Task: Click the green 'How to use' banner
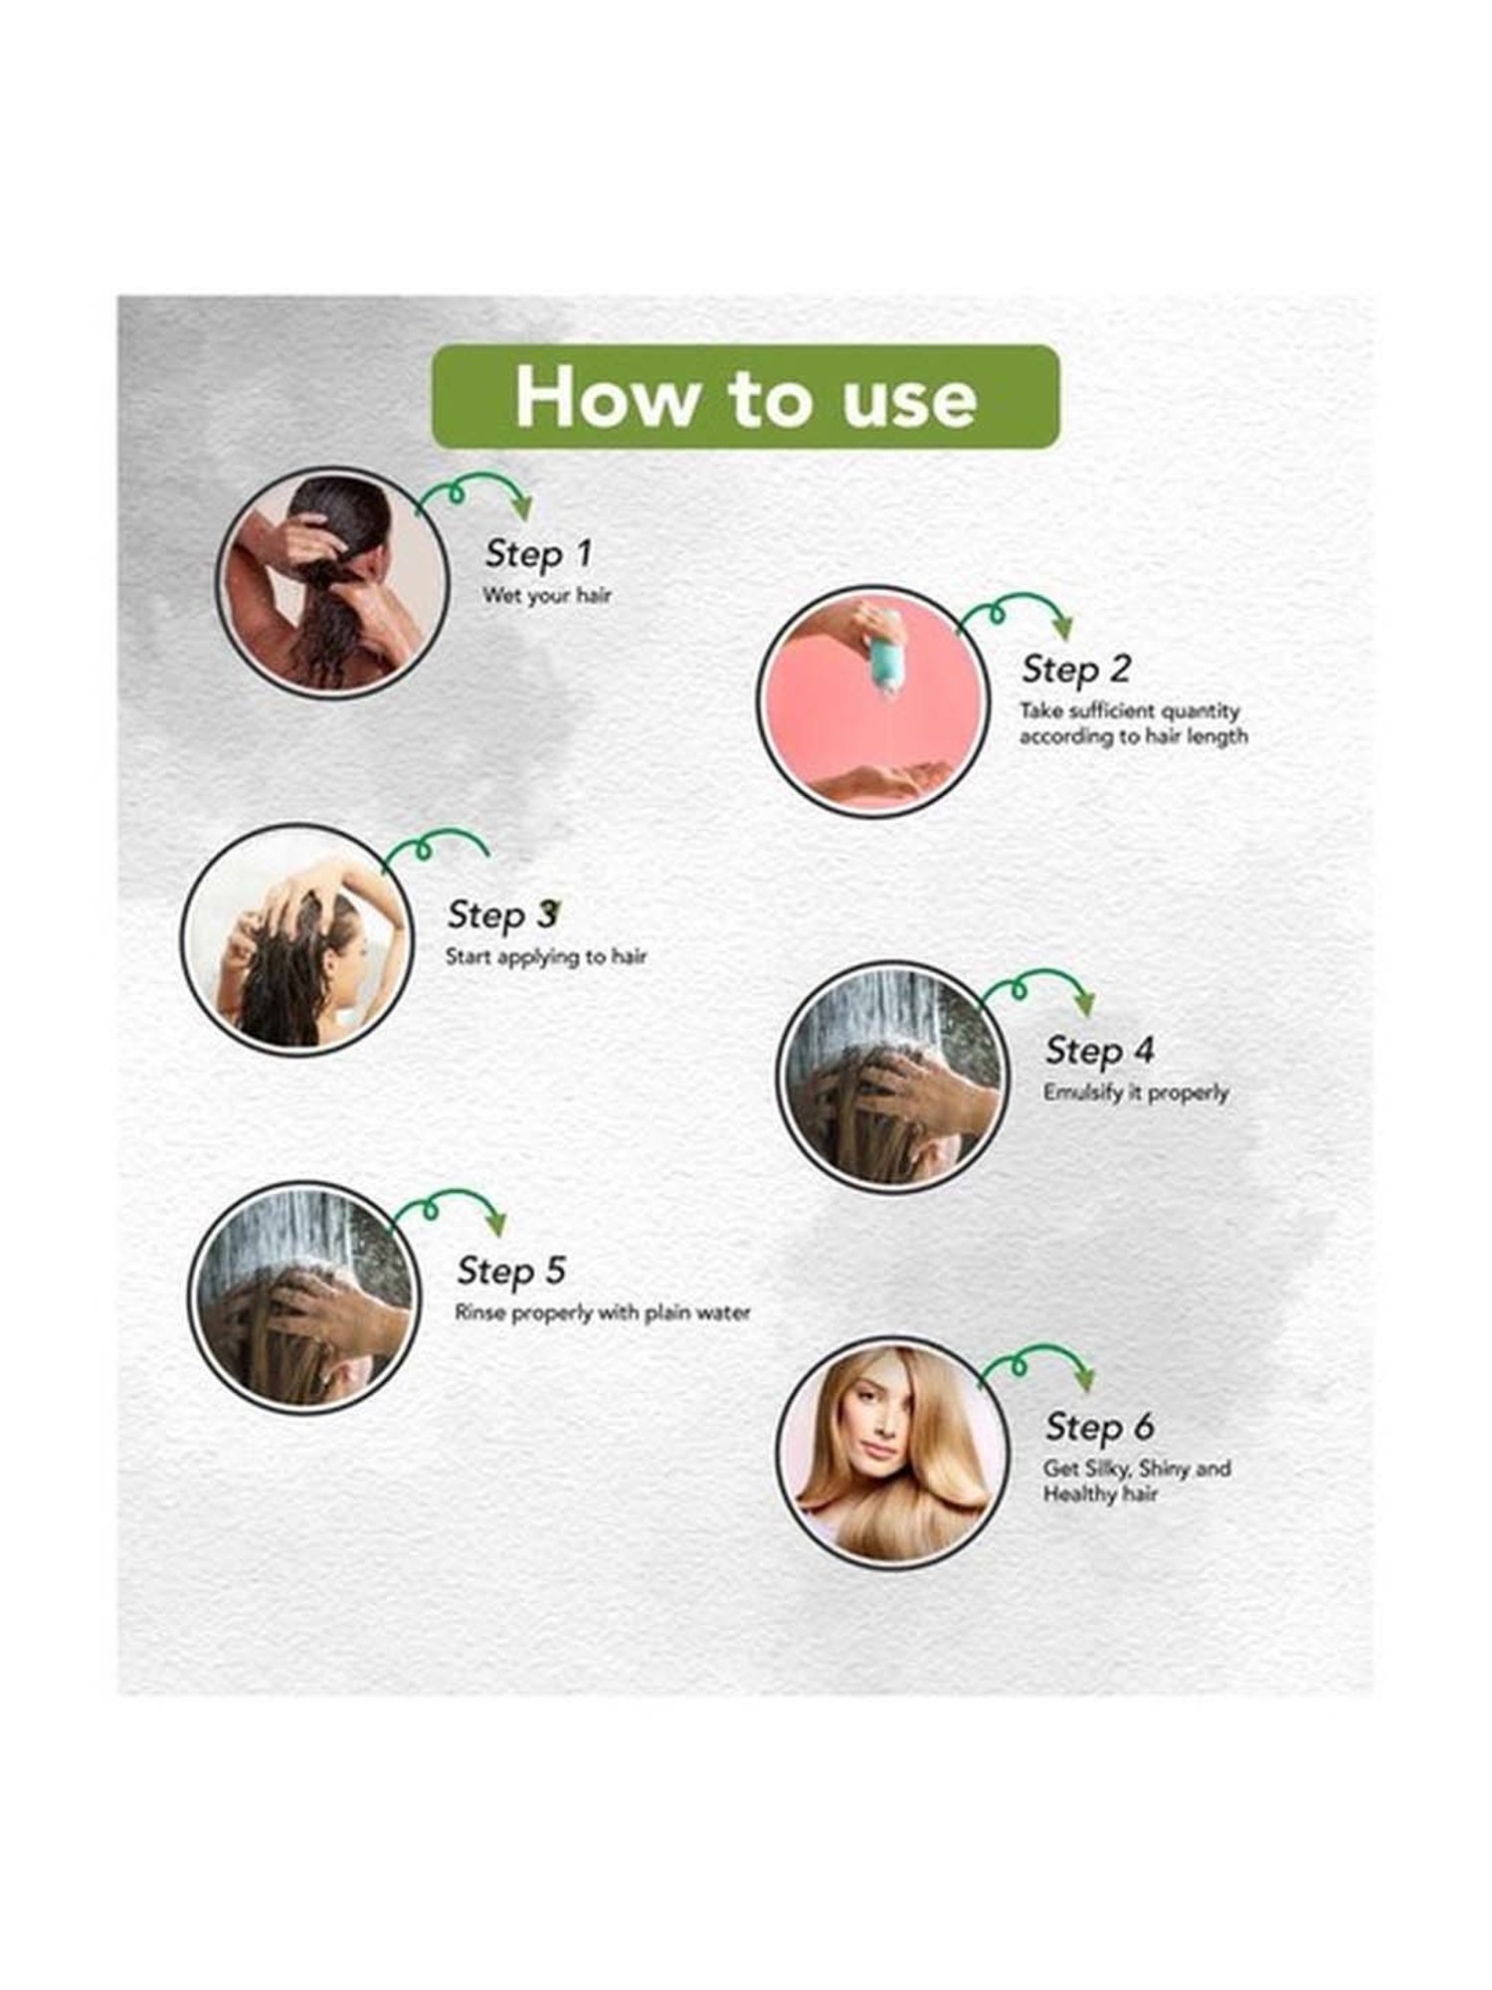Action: click(745, 397)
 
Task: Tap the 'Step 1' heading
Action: click(538, 554)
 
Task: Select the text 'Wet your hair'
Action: click(546, 596)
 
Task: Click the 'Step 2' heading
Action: click(1076, 670)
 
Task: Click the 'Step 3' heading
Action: click(502, 914)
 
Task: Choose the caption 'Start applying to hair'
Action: click(546, 957)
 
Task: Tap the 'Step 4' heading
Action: click(1099, 1050)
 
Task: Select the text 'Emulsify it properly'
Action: click(1136, 1093)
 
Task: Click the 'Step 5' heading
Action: click(511, 1271)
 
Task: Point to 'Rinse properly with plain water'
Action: click(603, 1313)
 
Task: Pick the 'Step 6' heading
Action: click(1099, 1427)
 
